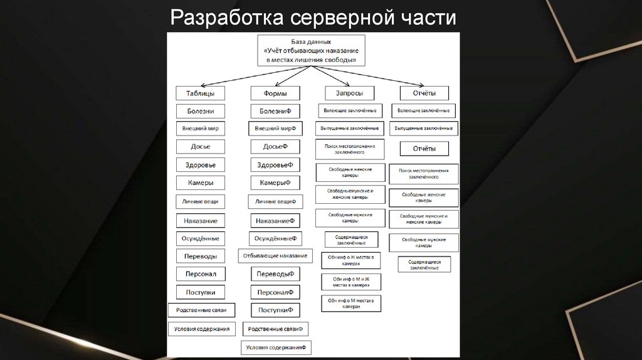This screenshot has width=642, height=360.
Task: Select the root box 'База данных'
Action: pos(311,50)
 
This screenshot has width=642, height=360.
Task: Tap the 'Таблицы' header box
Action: pos(201,93)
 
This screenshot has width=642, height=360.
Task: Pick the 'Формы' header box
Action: pos(275,93)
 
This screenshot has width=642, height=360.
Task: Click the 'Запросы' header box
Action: pos(349,93)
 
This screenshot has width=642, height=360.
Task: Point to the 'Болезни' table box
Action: pos(201,111)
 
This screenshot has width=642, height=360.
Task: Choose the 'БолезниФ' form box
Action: pos(275,111)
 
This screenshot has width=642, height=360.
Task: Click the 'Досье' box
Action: pos(201,146)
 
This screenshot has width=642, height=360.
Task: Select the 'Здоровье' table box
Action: pos(201,164)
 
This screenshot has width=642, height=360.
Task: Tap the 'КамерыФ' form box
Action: pos(275,183)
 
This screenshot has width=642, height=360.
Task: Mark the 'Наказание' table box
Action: pos(201,221)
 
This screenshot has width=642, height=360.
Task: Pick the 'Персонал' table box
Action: pos(201,274)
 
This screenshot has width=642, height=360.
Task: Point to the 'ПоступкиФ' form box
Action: pos(275,310)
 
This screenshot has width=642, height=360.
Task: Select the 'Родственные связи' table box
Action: pos(201,310)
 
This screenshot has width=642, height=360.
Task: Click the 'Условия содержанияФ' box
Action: pos(276,347)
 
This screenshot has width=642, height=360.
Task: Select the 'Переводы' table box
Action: pos(201,256)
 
